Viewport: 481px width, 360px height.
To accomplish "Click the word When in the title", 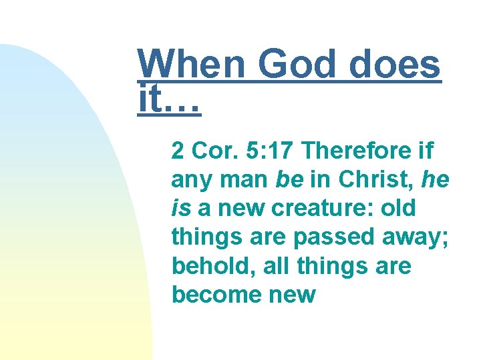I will pyautogui.click(x=192, y=66).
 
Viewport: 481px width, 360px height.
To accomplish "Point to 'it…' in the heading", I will pyautogui.click(x=169, y=101).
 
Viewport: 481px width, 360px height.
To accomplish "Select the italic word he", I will pyautogui.click(x=435, y=180).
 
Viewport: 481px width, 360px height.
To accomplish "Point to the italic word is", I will pyautogui.click(x=180, y=209).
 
